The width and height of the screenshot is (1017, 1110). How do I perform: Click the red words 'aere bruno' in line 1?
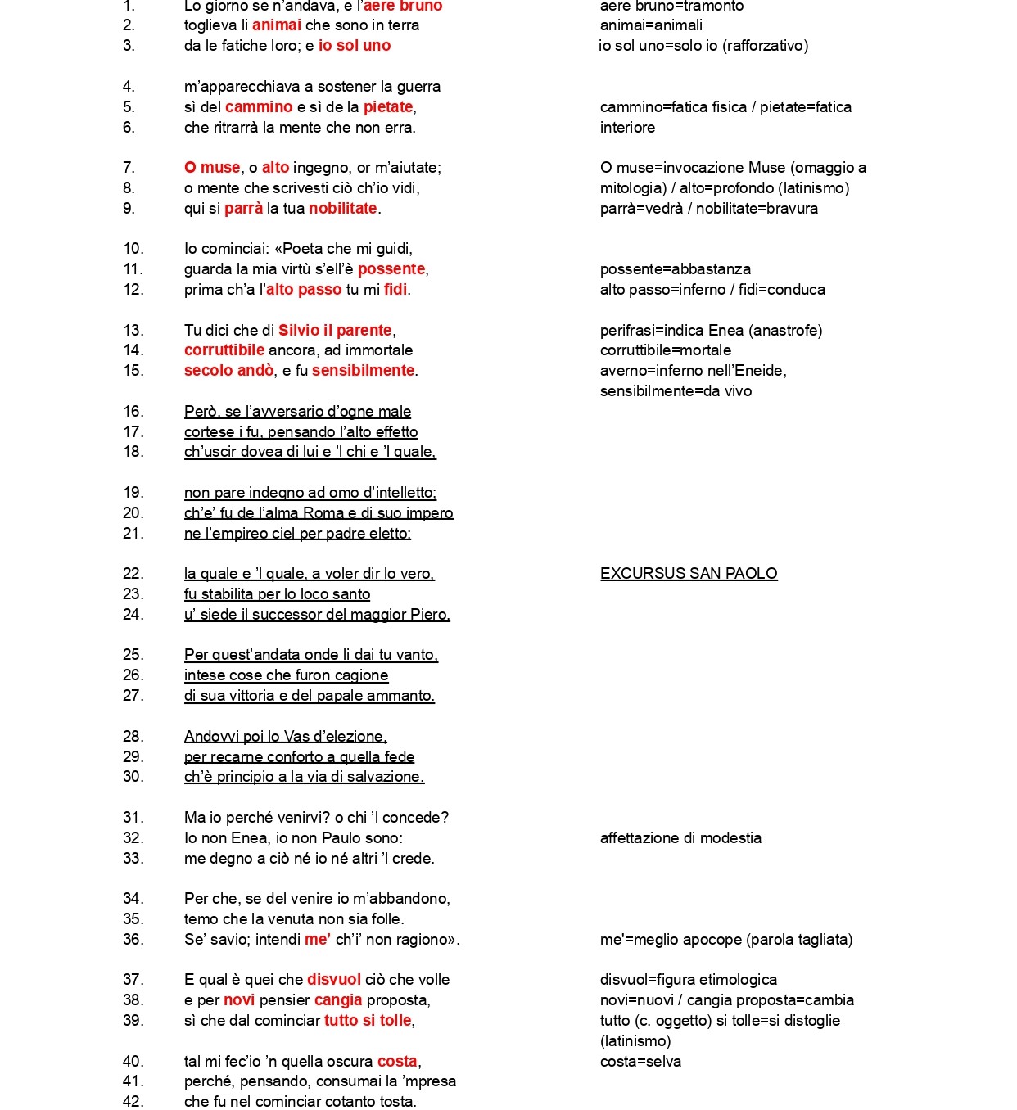[x=403, y=7]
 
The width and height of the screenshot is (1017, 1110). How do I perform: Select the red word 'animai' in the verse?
[x=277, y=25]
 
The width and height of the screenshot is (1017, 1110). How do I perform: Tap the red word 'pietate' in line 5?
[x=388, y=107]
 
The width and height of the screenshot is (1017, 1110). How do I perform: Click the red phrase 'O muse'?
[x=212, y=168]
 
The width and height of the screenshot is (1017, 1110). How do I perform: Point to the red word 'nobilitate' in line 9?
[x=342, y=209]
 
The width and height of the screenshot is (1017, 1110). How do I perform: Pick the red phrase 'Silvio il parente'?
[x=335, y=331]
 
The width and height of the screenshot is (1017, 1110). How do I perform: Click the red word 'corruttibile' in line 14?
[x=224, y=350]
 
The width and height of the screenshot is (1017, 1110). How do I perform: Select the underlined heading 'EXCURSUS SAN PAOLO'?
[x=689, y=574]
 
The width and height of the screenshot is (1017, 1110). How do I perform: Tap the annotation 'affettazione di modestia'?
[x=680, y=838]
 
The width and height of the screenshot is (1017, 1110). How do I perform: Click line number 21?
[x=133, y=534]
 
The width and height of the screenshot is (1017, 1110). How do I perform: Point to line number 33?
[x=133, y=859]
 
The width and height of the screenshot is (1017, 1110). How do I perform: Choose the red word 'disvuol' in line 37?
[x=333, y=980]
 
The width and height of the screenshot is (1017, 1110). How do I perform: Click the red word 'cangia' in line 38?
[x=338, y=1000]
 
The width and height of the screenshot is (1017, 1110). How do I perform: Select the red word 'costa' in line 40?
[x=397, y=1062]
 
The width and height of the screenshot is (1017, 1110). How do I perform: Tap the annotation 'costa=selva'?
[x=640, y=1062]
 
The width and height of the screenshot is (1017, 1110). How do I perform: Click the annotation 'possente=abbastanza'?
[x=676, y=269]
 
